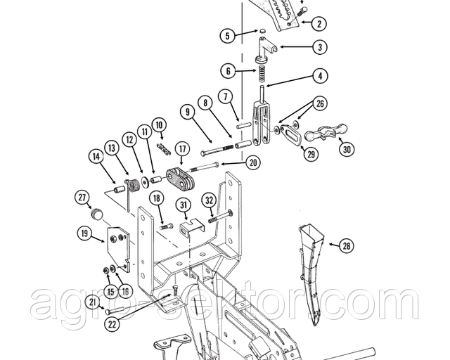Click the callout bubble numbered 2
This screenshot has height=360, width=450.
(320, 23)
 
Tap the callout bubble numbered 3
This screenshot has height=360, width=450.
(320, 48)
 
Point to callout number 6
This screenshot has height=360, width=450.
(226, 70)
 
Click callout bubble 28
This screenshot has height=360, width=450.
(345, 245)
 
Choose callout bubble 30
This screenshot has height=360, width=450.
(345, 149)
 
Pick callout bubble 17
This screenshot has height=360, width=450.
(181, 148)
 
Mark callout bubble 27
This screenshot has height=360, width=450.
(82, 198)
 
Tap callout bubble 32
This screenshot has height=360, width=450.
(209, 199)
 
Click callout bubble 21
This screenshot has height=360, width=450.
(91, 303)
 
